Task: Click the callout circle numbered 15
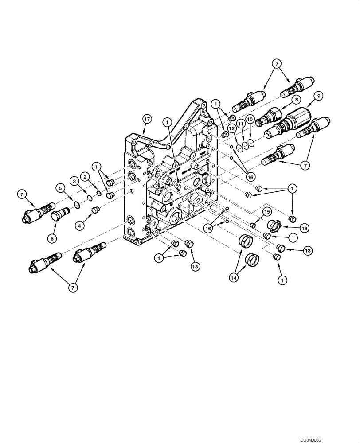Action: coord(267,212)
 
